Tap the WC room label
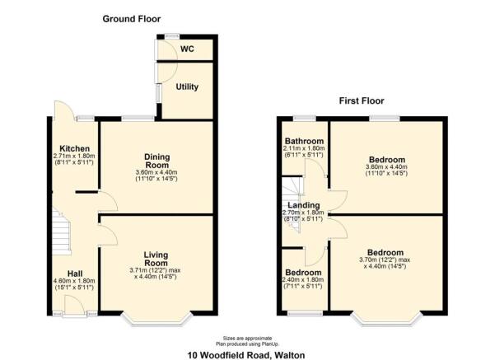tap(188, 49)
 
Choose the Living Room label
tap(155, 259)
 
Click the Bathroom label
tap(303, 141)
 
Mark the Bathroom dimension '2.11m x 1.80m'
tap(303, 148)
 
